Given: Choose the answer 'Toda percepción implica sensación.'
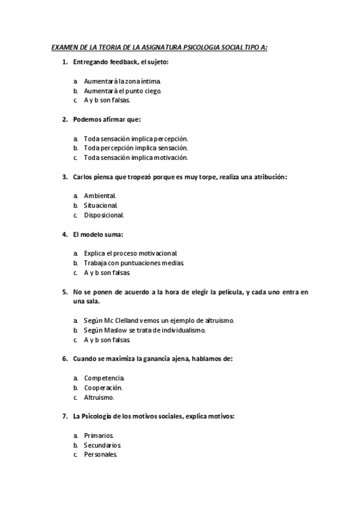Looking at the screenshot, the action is point(136,147).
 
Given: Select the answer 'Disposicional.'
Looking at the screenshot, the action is point(104,215).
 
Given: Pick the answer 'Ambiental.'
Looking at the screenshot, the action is point(100,195).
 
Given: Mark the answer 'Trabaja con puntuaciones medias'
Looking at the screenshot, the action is point(133,263).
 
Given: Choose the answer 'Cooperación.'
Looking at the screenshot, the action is point(103,388).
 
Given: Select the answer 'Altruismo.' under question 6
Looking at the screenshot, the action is point(99,398).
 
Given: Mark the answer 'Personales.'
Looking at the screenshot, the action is point(100,455).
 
